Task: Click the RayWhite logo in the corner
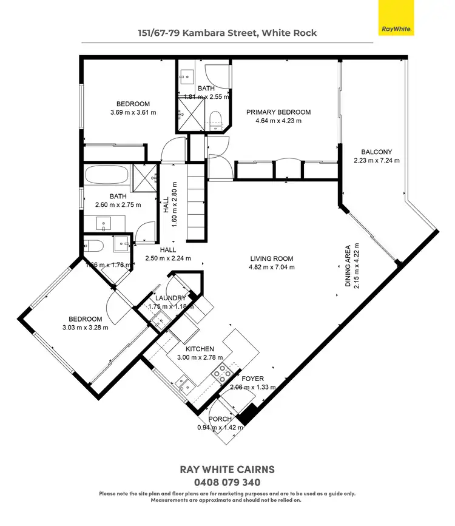point(396,18)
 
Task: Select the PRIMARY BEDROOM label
point(278,112)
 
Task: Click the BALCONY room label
point(376,152)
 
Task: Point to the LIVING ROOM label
point(272,258)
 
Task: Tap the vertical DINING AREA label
point(348,265)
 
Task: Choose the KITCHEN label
point(199,349)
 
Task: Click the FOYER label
point(252,379)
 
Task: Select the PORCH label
point(220,419)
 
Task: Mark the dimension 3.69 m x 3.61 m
point(133,112)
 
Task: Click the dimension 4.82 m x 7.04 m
point(272,267)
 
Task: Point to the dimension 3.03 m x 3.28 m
point(85,328)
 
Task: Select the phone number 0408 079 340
point(227,482)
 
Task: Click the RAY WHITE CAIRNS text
point(227,470)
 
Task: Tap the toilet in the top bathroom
point(216,118)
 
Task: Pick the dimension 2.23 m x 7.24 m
point(376,161)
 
